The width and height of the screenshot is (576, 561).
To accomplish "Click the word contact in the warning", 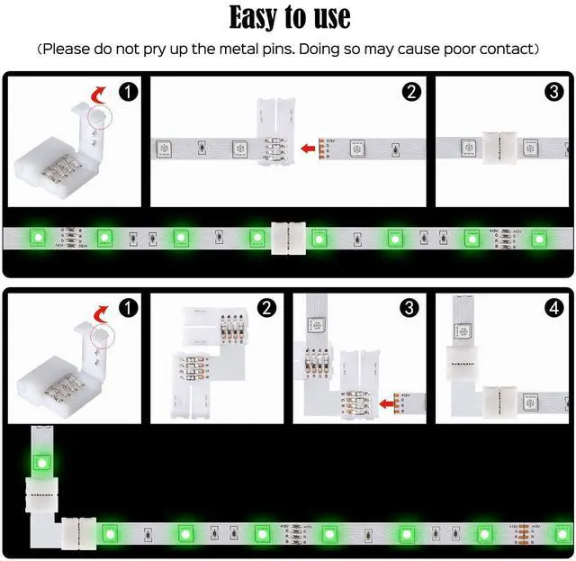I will click(x=504, y=49).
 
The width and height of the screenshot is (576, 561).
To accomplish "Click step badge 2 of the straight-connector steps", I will click(x=412, y=91).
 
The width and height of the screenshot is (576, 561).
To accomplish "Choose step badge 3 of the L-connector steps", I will click(x=410, y=308).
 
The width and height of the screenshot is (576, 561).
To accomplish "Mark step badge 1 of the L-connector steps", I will click(x=130, y=308).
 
